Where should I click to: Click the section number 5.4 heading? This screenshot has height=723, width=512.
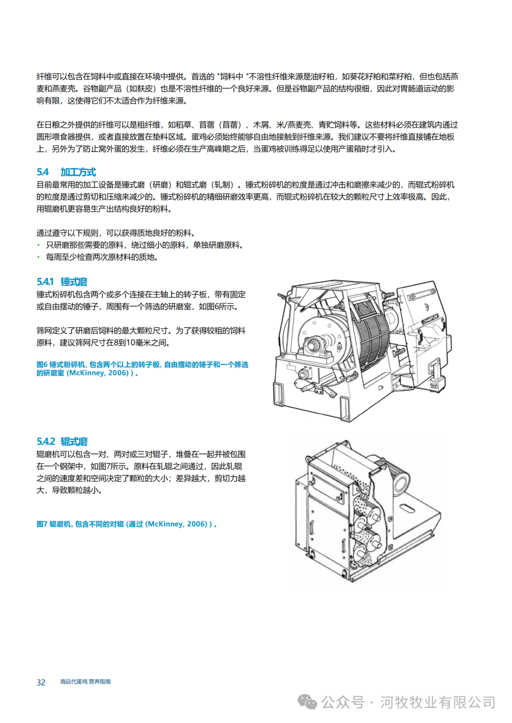[43, 172]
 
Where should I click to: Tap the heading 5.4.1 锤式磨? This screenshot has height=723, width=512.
[62, 281]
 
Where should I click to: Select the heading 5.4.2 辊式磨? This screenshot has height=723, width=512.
[62, 441]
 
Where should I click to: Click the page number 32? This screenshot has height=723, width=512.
[41, 682]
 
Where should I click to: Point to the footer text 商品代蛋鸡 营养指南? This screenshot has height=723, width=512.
[85, 681]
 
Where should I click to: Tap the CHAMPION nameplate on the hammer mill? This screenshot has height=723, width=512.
[430, 319]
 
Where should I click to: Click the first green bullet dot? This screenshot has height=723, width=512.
[39, 245]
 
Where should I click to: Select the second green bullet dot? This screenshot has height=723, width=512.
[39, 257]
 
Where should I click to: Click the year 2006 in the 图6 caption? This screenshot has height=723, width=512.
[119, 373]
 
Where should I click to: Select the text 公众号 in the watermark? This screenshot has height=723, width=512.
[343, 702]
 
